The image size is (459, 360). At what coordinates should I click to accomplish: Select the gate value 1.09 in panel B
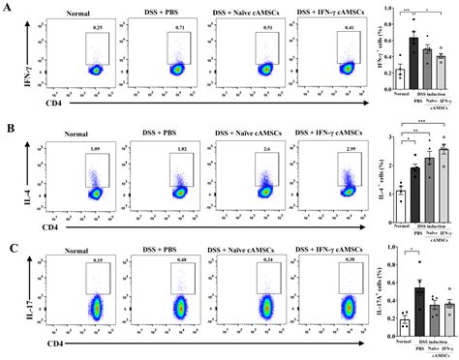click(x=94, y=148)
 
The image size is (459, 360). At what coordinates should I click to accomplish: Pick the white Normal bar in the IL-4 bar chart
click(x=400, y=194)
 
